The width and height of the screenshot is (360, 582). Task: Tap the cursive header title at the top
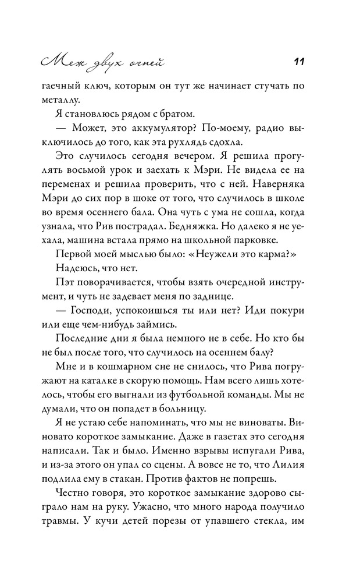pos(100,60)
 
